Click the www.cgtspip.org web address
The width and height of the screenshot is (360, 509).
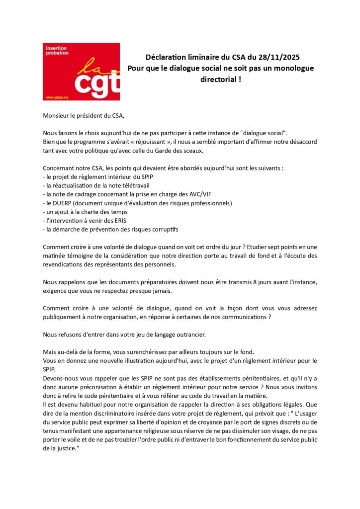pos(56,97)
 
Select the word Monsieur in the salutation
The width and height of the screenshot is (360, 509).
pos(58,116)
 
